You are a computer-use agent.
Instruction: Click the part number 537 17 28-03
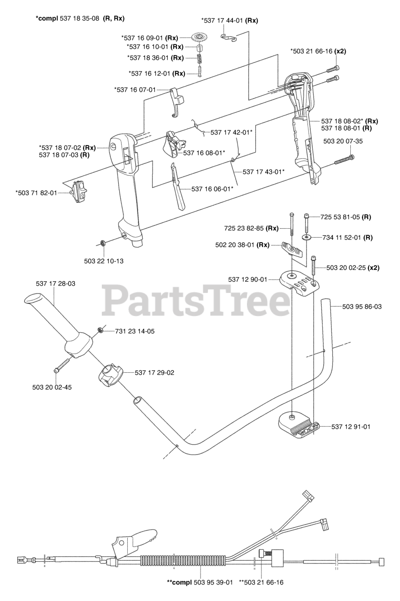point(55,284)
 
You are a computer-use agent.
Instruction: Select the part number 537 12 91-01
point(351,426)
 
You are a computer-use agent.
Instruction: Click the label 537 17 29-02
point(154,372)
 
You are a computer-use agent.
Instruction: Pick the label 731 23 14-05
point(135,331)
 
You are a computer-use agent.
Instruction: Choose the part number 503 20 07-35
point(343,141)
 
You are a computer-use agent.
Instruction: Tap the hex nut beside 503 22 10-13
point(102,243)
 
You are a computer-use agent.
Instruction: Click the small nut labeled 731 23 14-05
point(100,331)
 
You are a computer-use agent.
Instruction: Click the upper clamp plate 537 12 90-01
point(299,283)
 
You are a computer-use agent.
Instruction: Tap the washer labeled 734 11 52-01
point(307,238)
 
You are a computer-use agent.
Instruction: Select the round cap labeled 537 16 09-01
point(200,37)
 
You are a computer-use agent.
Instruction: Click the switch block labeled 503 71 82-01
point(78,192)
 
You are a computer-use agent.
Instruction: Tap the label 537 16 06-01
point(213,189)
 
